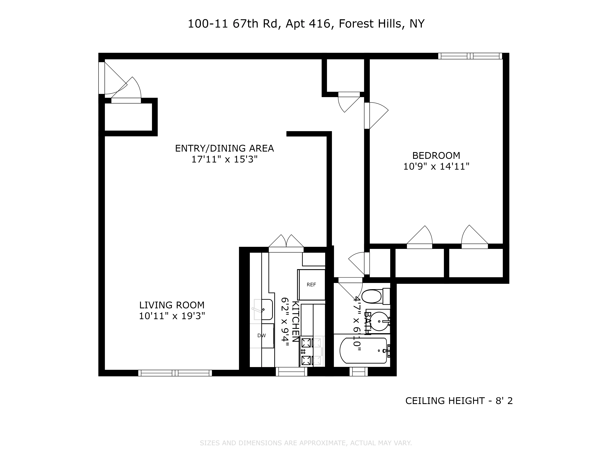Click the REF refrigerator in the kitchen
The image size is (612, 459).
pyautogui.click(x=311, y=285)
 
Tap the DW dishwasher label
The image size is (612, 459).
pyautogui.click(x=261, y=336)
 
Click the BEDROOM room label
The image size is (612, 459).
pyautogui.click(x=436, y=155)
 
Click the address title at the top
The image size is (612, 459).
pyautogui.click(x=306, y=24)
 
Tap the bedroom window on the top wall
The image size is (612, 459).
pyautogui.click(x=470, y=56)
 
